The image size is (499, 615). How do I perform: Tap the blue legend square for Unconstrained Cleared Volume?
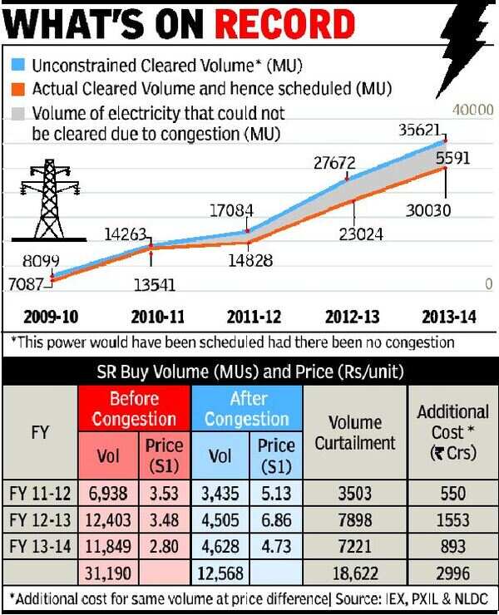point(17,64)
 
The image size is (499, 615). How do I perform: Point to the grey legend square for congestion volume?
point(17,113)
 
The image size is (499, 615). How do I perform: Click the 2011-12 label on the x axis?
point(254,317)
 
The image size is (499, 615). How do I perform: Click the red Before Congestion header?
point(134,408)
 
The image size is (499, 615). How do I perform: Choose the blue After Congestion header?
point(247,408)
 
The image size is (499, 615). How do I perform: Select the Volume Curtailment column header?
point(354,432)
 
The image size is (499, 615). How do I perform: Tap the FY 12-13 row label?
point(40,520)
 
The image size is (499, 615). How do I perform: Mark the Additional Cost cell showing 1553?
point(452,520)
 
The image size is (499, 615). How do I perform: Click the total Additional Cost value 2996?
point(452,573)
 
